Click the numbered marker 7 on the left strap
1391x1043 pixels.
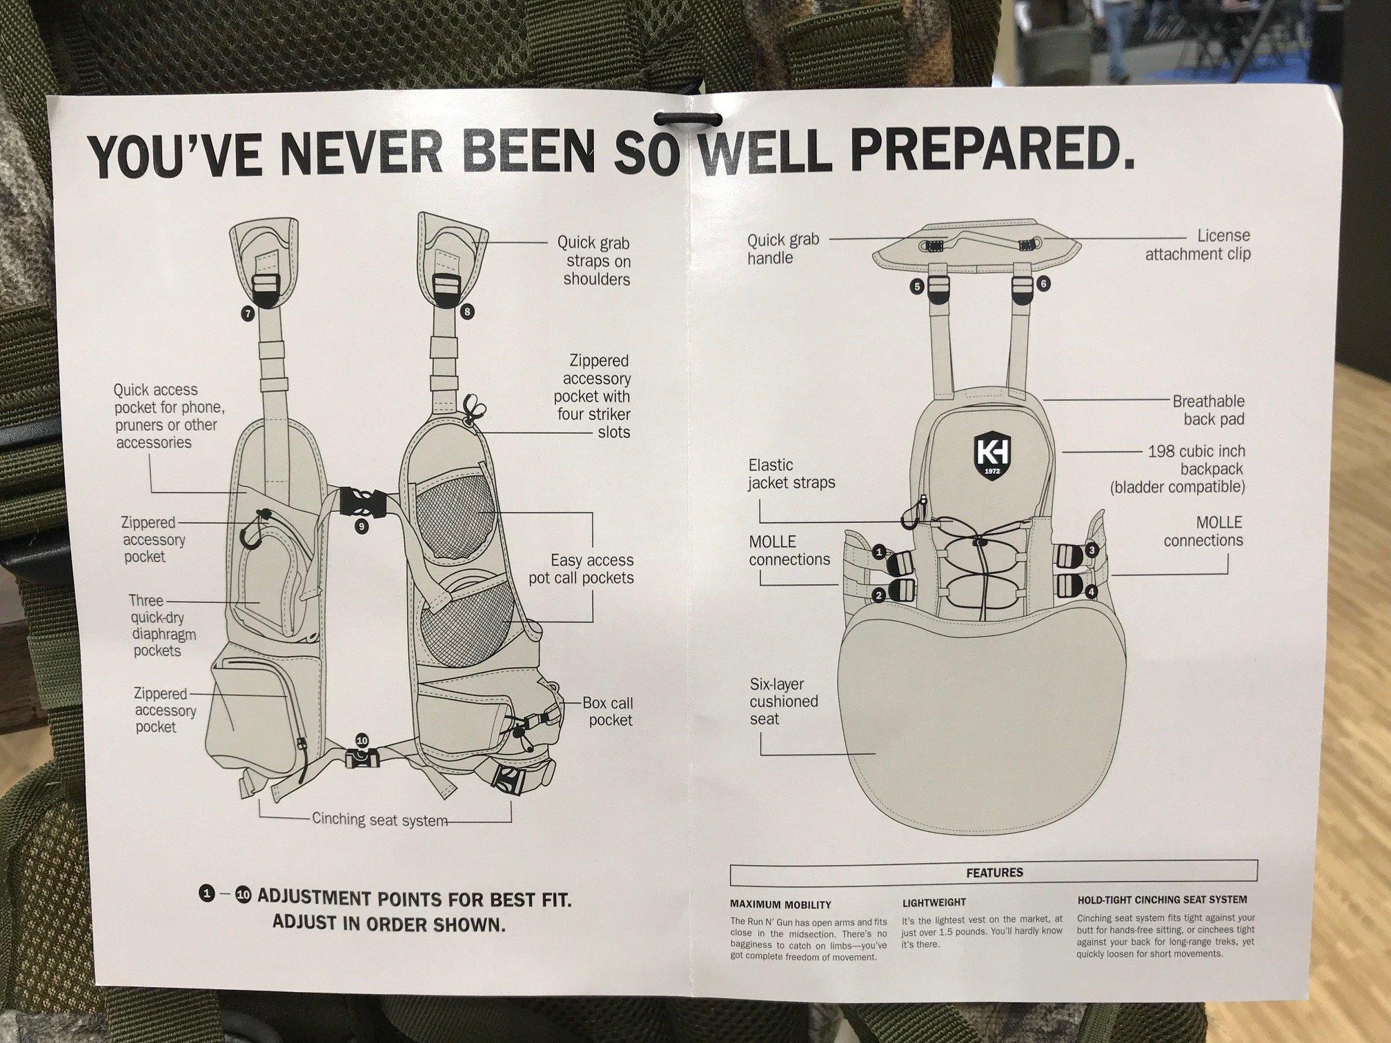(x=248, y=314)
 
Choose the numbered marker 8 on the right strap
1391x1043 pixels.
(x=467, y=312)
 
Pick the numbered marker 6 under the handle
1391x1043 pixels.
(x=1043, y=284)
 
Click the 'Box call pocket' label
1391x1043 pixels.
(x=607, y=711)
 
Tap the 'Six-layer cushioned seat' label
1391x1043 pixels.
(x=784, y=702)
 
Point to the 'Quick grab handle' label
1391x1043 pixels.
(x=783, y=249)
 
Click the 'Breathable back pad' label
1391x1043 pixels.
(x=1209, y=410)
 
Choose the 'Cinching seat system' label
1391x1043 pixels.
(x=380, y=819)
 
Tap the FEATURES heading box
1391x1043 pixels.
(x=994, y=873)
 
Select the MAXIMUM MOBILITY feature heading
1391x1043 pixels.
(x=780, y=904)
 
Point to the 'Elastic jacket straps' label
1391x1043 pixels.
(x=791, y=474)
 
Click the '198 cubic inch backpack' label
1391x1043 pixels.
(x=1178, y=469)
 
